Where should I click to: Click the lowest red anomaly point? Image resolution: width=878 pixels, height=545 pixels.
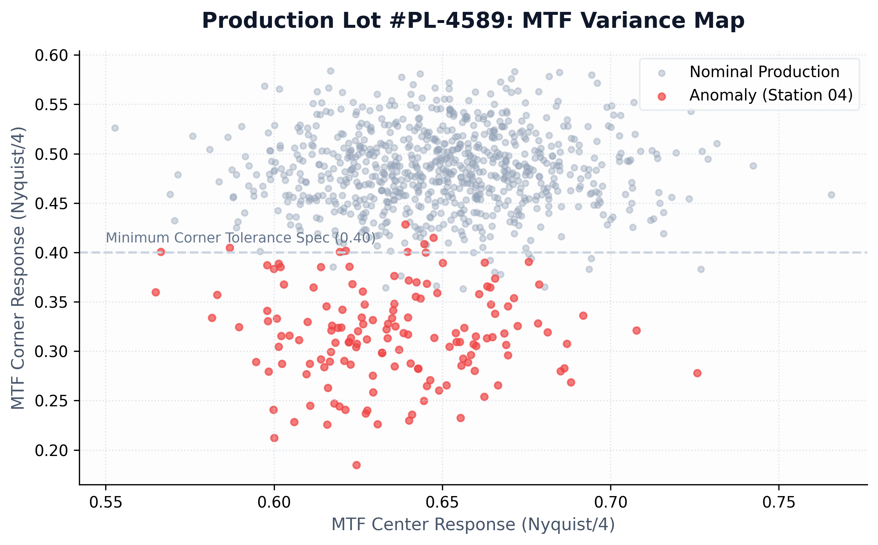[x=356, y=465]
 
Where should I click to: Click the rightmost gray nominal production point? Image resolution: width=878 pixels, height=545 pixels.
[x=831, y=195]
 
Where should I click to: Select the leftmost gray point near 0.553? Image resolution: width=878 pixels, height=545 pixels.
[x=115, y=128]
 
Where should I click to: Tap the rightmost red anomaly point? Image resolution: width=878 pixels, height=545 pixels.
[x=697, y=373]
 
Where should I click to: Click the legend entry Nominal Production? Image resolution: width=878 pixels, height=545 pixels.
[x=764, y=72]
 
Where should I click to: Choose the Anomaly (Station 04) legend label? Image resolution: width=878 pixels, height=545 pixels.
[x=771, y=95]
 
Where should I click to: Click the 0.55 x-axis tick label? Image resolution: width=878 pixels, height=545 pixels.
[x=106, y=502]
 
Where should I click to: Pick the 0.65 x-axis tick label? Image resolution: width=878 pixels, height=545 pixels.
[x=442, y=502]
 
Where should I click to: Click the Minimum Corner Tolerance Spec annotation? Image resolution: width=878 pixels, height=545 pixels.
[x=240, y=238]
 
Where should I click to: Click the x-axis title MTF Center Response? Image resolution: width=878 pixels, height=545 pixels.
[x=473, y=525]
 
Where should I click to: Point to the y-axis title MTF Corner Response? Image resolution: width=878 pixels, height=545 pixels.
[x=18, y=268]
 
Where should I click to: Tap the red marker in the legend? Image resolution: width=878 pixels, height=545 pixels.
[x=662, y=96]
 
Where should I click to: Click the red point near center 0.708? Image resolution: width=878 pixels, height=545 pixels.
[x=636, y=330]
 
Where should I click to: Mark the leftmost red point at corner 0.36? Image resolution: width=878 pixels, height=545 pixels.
[x=156, y=292]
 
